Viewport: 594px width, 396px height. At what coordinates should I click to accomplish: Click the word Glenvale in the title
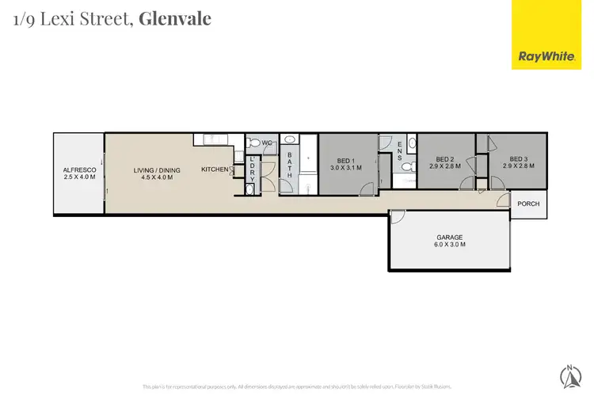(x=175, y=19)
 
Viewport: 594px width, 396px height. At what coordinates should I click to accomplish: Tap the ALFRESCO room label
(x=79, y=169)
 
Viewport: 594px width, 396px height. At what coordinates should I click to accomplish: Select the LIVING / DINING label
(x=157, y=169)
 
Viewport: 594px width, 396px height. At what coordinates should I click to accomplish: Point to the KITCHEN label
(x=215, y=169)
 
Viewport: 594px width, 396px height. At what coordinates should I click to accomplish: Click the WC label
(x=268, y=143)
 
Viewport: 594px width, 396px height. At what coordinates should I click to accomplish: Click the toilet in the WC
(x=253, y=143)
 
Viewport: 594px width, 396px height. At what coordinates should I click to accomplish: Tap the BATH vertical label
(x=290, y=165)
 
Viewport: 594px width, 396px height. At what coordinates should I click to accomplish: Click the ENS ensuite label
(x=400, y=150)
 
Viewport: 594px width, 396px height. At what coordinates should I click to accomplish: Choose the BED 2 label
(x=444, y=159)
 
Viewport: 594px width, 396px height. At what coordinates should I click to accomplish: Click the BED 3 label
(x=518, y=159)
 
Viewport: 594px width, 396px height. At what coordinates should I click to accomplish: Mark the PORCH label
(x=528, y=204)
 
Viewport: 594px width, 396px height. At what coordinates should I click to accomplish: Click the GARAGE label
(x=450, y=237)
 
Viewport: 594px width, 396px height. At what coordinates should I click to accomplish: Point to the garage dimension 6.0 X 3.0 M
(x=450, y=245)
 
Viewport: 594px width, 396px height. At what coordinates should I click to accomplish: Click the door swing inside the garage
(x=398, y=217)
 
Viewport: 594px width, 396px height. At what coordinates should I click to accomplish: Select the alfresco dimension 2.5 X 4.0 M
(x=79, y=177)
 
